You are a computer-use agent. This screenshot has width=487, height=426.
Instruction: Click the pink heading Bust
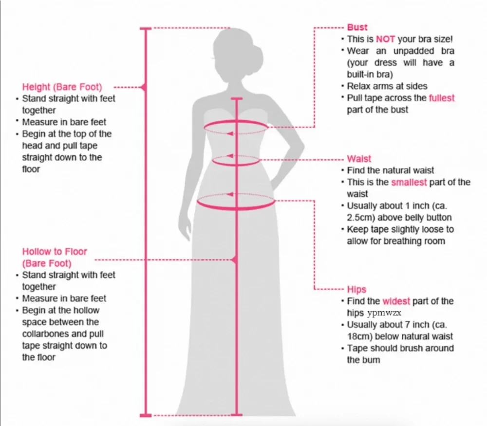[357, 27]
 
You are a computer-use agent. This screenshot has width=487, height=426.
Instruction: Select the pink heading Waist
[359, 159]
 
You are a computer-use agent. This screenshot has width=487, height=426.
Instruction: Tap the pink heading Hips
[356, 289]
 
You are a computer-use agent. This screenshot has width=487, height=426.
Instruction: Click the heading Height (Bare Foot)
[62, 87]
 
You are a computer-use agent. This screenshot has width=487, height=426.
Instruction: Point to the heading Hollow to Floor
[55, 252]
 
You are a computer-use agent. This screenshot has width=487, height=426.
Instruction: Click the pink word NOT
[385, 39]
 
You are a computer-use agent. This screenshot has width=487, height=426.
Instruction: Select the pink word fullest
[441, 98]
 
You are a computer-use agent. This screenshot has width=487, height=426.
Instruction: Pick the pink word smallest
[409, 182]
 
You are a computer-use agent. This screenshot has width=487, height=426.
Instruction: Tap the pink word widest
[396, 301]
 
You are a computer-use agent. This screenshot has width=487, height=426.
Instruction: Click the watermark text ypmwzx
[384, 313]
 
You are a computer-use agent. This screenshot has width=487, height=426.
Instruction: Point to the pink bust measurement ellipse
[236, 127]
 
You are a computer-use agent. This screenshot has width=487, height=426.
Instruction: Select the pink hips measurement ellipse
[236, 201]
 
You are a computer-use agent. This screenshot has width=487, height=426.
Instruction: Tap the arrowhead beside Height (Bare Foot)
[143, 87]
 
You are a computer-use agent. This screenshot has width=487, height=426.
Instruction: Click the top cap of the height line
[146, 29]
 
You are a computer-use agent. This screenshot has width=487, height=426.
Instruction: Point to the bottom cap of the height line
[146, 415]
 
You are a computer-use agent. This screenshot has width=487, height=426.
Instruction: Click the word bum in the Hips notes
[372, 360]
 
